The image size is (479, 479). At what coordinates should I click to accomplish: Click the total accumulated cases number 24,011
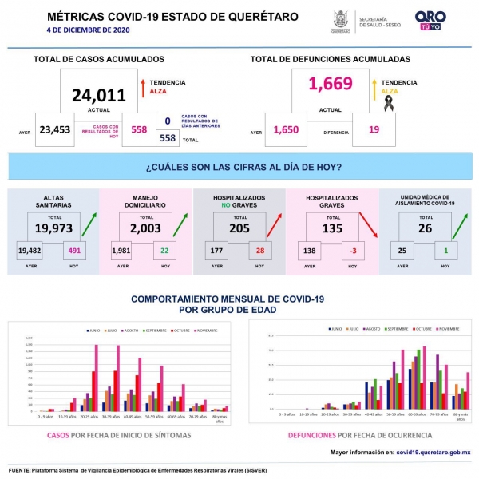99,96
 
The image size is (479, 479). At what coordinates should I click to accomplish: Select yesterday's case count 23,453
54,130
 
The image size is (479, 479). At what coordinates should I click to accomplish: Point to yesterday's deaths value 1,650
285,130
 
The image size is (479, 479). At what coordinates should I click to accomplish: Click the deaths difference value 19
374,130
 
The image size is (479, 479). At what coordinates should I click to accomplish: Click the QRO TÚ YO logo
430,21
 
